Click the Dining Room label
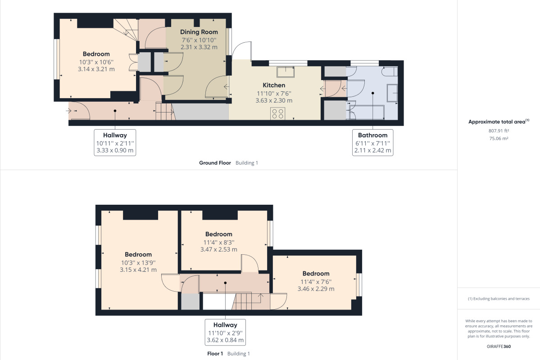[199, 32]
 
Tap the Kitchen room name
[274, 85]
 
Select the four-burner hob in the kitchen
[277, 113]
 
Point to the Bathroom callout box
[372, 143]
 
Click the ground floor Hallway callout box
[115, 143]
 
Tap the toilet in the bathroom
[390, 72]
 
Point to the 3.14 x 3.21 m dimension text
[96, 69]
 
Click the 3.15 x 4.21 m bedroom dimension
[138, 270]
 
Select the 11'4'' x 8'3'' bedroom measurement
[218, 242]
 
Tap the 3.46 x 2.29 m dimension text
[316, 289]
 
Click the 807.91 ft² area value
[499, 131]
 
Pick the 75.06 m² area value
[499, 139]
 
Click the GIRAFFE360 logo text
[499, 346]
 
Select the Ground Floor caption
[215, 163]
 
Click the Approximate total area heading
[497, 122]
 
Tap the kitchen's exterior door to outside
[242, 50]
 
